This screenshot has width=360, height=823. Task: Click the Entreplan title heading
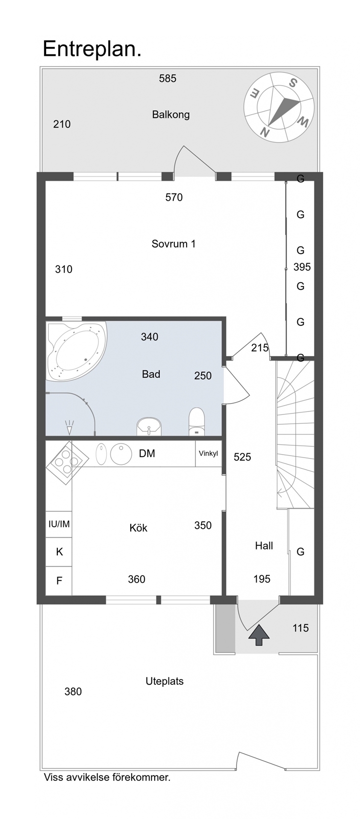point(92,49)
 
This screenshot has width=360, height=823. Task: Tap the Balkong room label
point(171,115)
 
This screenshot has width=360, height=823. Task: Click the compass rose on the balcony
point(279,107)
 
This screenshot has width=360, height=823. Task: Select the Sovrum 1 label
point(173,243)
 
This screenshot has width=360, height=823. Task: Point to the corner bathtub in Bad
point(75,351)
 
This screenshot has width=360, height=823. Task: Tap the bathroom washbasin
point(149,427)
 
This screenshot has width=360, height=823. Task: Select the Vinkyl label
point(208,454)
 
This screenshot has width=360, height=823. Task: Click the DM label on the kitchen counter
point(147,454)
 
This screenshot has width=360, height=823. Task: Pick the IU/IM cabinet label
point(59,524)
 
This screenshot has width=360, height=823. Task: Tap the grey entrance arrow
point(259,634)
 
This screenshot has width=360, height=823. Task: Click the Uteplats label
point(165,681)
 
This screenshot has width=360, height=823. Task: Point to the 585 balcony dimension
point(168,78)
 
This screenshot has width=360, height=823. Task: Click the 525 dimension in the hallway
point(242,457)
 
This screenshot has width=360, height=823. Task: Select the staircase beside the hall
point(295,434)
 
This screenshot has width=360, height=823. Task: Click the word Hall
point(264,546)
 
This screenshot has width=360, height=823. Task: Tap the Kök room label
point(138,528)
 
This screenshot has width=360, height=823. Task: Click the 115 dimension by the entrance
point(301,628)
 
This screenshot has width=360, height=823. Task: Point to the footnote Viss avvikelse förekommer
point(107,777)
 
